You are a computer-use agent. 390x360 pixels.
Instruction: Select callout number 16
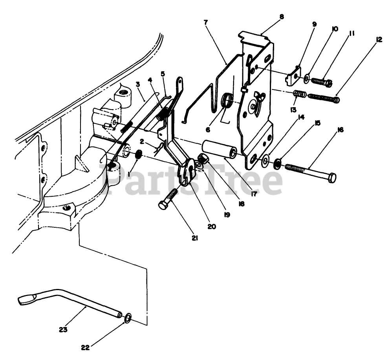(x=341, y=130)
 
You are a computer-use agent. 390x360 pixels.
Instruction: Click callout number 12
(x=379, y=40)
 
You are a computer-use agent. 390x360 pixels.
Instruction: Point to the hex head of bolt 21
(x=163, y=205)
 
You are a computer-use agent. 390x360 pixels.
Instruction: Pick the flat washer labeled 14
(x=265, y=161)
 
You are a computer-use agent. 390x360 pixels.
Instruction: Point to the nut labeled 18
(x=203, y=159)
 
